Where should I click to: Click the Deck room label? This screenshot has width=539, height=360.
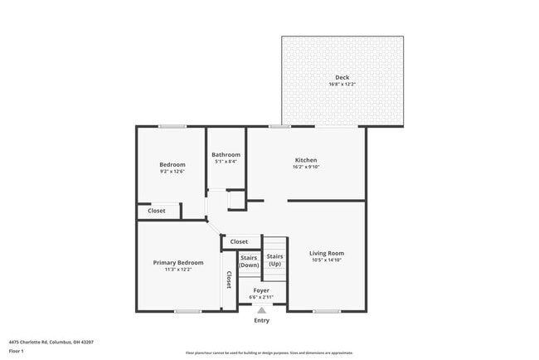point(342,77)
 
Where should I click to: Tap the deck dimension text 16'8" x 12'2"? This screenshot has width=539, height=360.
point(342,85)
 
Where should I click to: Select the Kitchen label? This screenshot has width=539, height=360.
point(306,160)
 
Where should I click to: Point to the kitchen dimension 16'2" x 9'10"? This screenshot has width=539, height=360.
point(306,168)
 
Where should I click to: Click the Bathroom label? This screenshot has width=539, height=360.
point(226,154)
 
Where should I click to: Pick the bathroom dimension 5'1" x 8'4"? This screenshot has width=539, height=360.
point(226,162)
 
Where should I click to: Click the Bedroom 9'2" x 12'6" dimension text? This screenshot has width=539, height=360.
point(172,172)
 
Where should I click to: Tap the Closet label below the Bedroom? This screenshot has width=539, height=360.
point(157,211)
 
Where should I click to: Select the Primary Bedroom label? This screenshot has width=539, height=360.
point(178,262)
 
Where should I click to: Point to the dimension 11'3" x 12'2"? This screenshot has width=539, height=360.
point(178,270)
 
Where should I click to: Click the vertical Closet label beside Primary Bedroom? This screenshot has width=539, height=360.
point(229,280)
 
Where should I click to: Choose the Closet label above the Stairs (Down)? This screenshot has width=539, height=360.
point(239,241)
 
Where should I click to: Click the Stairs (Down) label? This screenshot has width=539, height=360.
point(249,260)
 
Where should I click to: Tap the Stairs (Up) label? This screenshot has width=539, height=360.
point(275,260)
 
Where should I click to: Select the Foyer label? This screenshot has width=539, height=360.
point(261,290)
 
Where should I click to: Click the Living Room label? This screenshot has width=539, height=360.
point(327,253)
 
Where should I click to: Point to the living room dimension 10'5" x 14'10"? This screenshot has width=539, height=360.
point(327,260)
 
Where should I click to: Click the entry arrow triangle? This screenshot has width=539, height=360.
point(262,310)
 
